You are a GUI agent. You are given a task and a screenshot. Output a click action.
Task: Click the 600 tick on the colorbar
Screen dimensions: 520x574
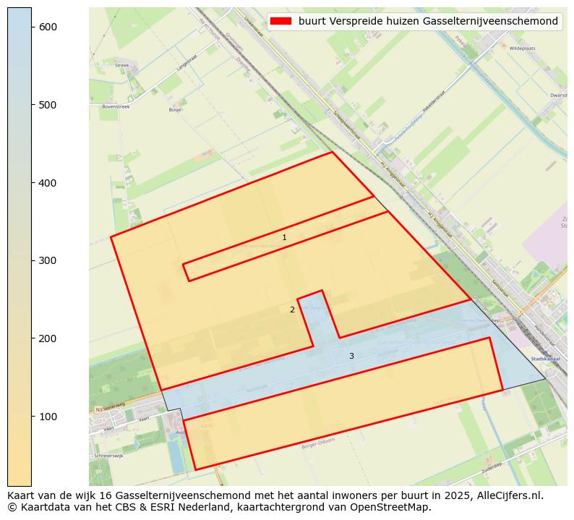click(x=32, y=27)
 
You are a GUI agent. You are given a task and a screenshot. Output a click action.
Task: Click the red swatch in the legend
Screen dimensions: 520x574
click(x=280, y=21)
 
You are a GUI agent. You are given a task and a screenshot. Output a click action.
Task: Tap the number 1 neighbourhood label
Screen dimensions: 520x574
click(x=284, y=237)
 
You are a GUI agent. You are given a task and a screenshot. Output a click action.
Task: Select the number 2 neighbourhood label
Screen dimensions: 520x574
click(x=292, y=310)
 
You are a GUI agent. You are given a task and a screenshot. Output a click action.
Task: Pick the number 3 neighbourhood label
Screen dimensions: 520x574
click(x=351, y=356)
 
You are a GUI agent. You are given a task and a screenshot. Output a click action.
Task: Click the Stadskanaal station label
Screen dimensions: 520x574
click(x=541, y=358)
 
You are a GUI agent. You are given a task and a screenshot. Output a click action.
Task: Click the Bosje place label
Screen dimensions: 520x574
click(x=175, y=110)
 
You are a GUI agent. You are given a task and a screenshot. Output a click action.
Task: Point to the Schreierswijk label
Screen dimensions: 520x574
click(x=109, y=456)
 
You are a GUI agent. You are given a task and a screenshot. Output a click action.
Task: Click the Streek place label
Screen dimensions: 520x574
click(x=121, y=65)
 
